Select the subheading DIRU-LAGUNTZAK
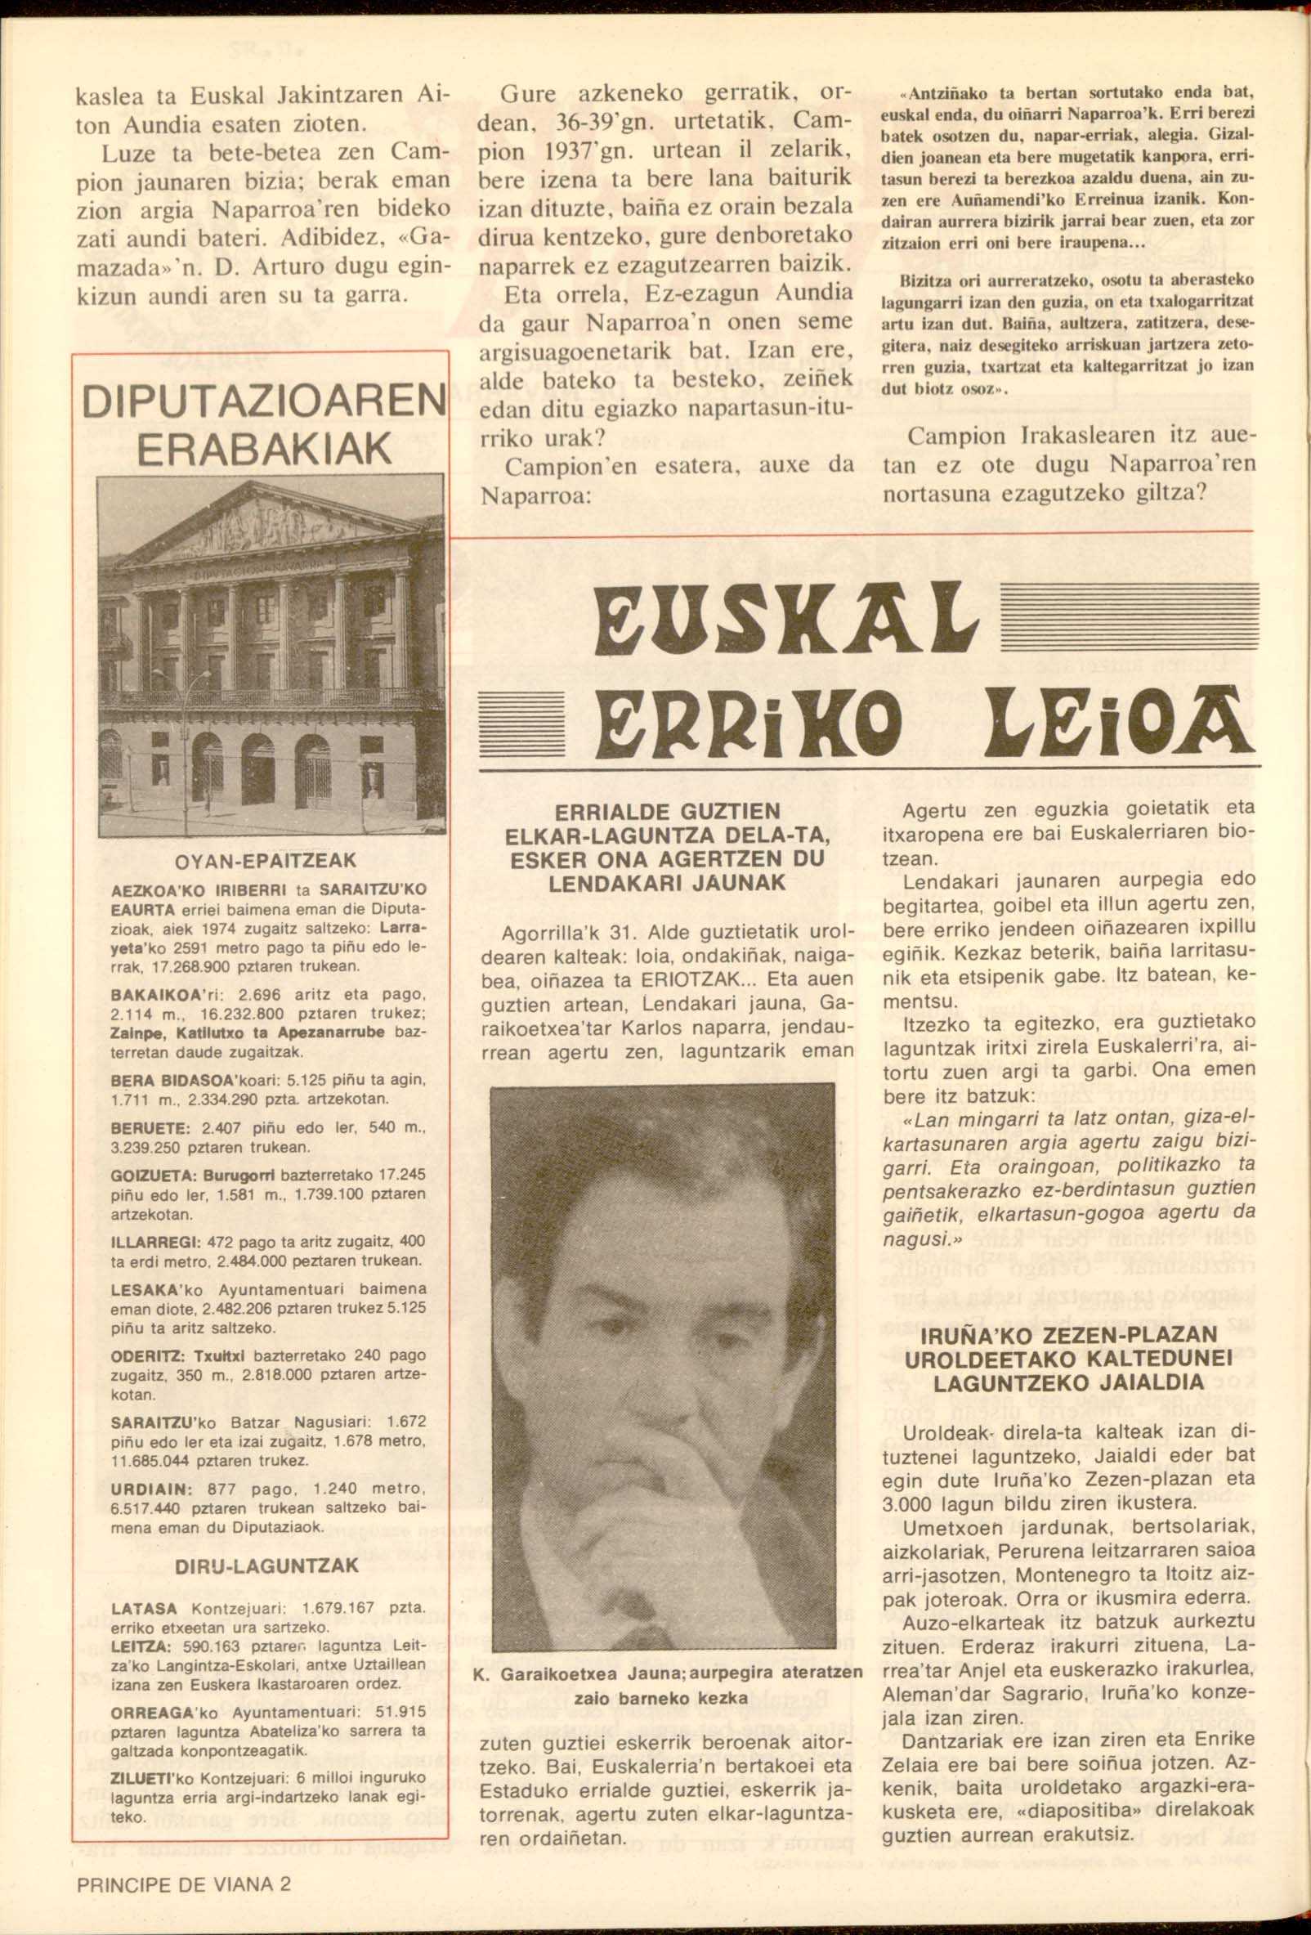[x=267, y=1565]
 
